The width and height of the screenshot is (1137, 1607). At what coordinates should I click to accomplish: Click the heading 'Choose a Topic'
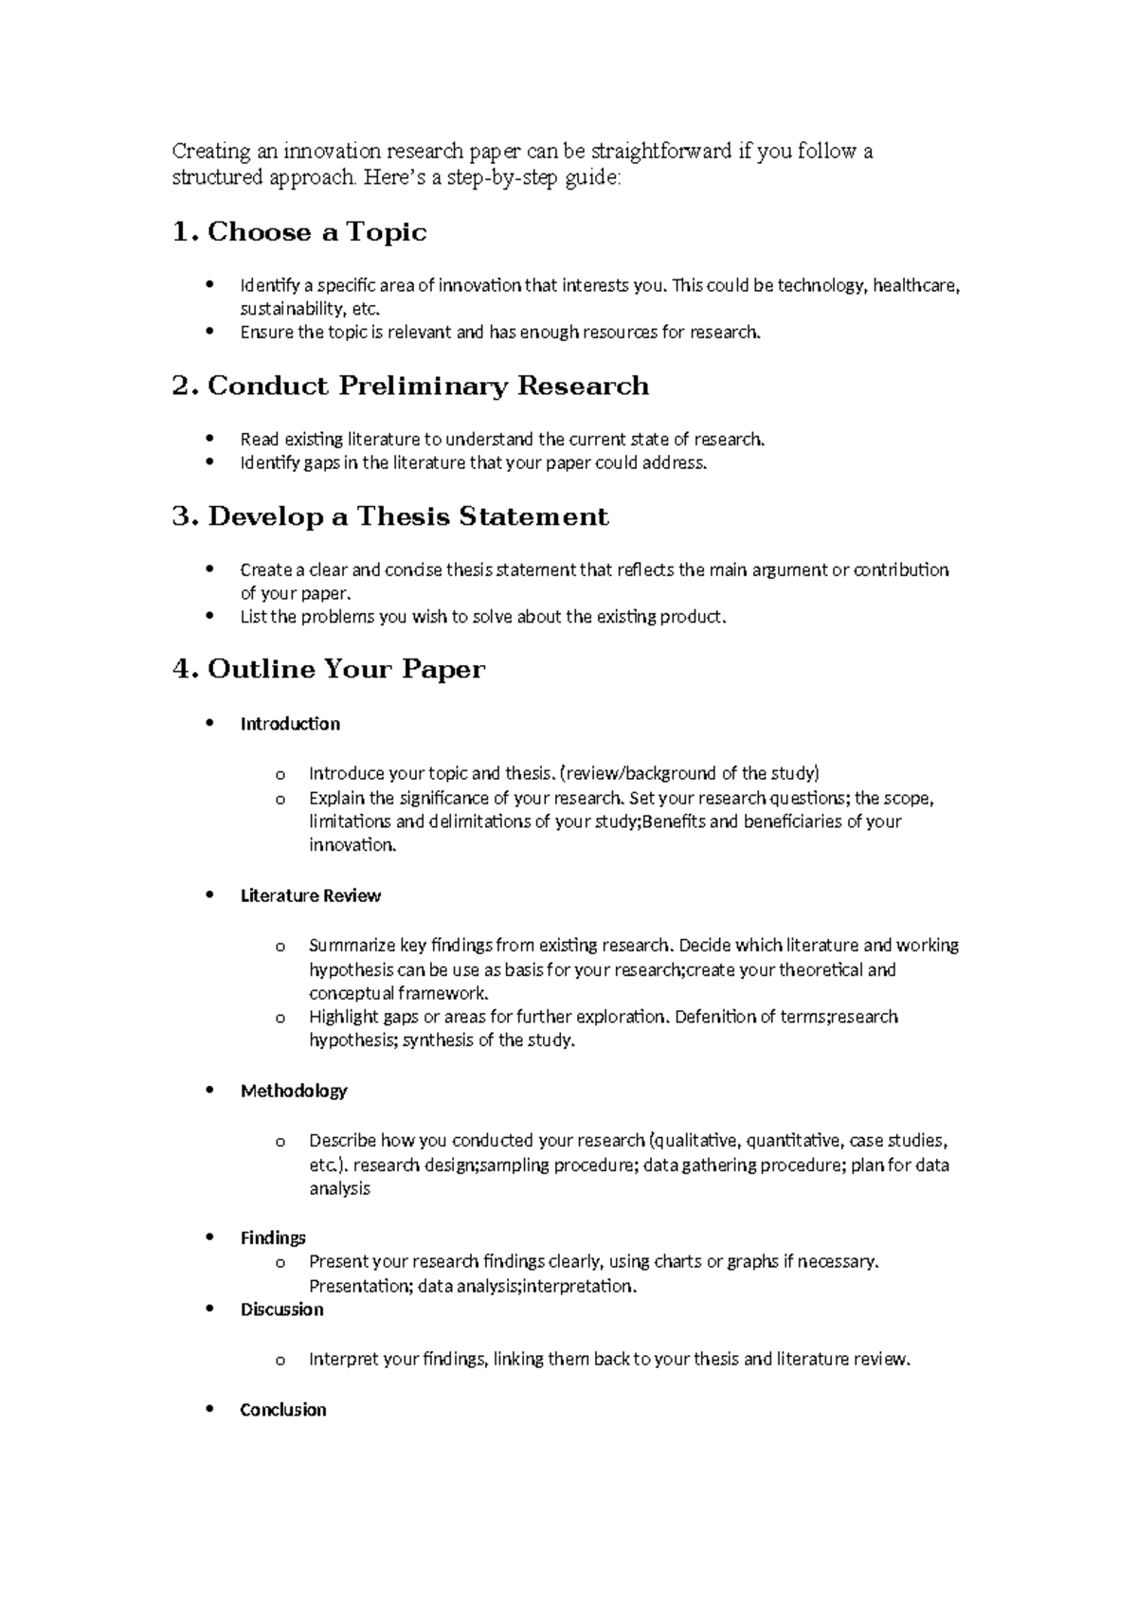point(316,232)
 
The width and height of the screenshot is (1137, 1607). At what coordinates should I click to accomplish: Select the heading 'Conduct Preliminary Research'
point(428,386)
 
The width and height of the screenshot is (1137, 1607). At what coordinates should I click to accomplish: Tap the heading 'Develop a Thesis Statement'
point(407,516)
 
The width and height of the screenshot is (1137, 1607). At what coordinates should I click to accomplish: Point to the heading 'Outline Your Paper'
point(346,669)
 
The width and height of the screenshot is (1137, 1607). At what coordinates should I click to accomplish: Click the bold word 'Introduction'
point(290,724)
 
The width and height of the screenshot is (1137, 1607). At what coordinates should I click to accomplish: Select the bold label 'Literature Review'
point(311,895)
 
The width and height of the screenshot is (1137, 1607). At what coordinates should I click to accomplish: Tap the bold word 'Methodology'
point(294,1091)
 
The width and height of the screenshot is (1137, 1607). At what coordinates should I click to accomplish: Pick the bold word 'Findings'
point(273,1237)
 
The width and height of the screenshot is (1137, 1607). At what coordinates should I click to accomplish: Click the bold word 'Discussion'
point(281,1309)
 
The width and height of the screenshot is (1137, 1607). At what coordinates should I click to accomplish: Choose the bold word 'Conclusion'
point(283,1410)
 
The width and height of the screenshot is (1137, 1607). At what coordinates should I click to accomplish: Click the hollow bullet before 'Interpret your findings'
point(280,1361)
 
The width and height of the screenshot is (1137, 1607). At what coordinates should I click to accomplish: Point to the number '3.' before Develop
point(185,516)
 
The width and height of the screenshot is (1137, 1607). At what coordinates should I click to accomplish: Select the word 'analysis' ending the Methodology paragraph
point(339,1188)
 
